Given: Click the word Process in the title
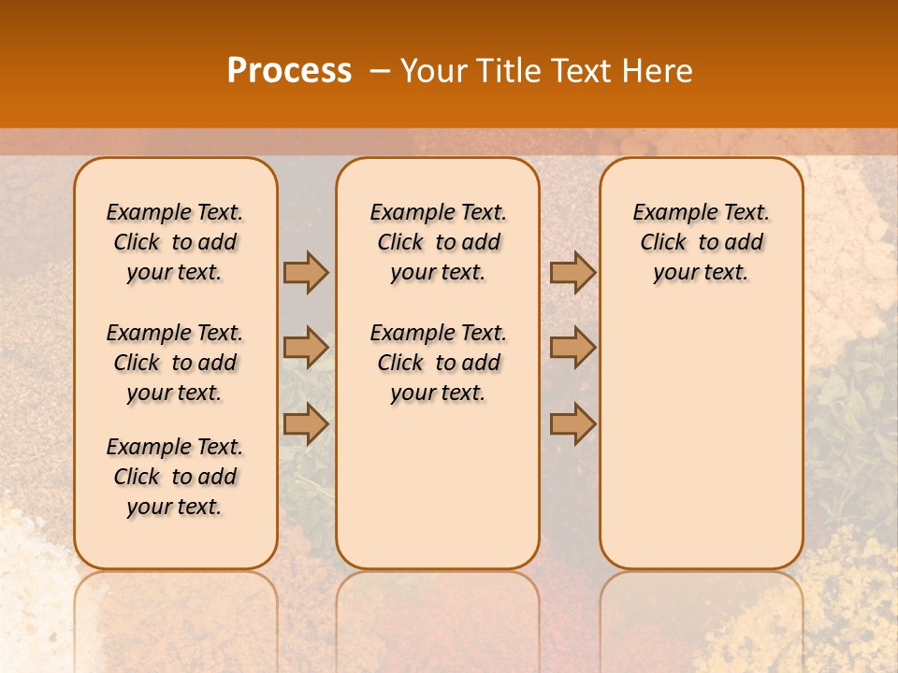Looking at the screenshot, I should pyautogui.click(x=289, y=71).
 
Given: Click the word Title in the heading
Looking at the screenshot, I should pyautogui.click(x=510, y=71).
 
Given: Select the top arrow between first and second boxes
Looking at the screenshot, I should pyautogui.click(x=306, y=272).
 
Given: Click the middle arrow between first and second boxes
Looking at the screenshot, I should pyautogui.click(x=306, y=348).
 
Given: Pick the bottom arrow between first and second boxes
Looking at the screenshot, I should pyautogui.click(x=306, y=423).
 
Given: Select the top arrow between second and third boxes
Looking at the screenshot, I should pyautogui.click(x=572, y=272).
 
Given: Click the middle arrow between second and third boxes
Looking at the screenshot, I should pyautogui.click(x=572, y=348).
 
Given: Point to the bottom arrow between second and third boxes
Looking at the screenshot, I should pyautogui.click(x=572, y=423).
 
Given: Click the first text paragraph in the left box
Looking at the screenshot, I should pyautogui.click(x=175, y=242).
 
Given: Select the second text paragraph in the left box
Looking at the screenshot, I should pyautogui.click(x=175, y=363).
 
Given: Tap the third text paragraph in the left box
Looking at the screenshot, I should pyautogui.click(x=175, y=477).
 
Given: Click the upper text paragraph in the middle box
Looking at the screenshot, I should pyautogui.click(x=438, y=242).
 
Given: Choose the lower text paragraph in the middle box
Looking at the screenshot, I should pyautogui.click(x=438, y=363).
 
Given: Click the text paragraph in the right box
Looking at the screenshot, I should pyautogui.click(x=701, y=242).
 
